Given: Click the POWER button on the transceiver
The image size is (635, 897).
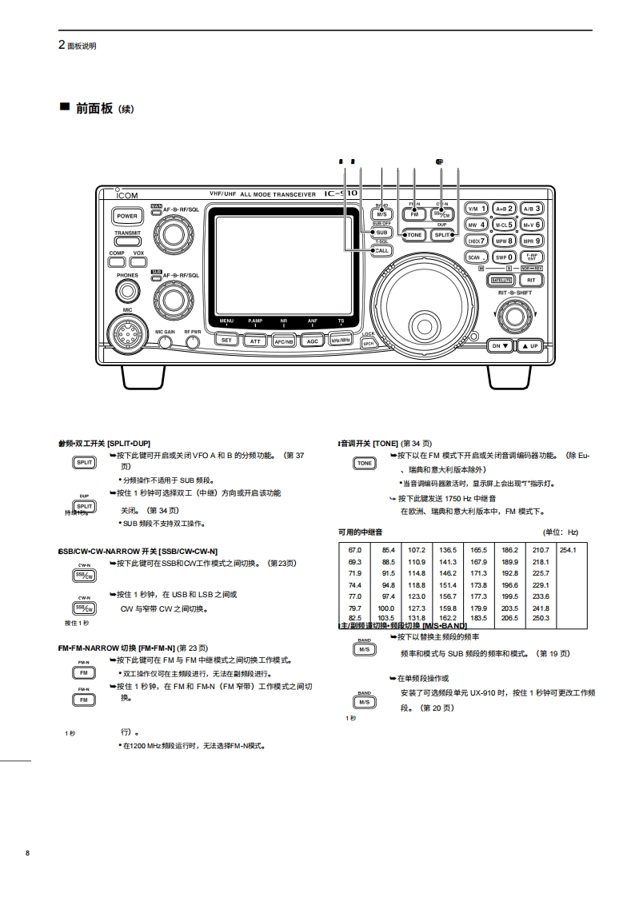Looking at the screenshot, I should pos(127,216).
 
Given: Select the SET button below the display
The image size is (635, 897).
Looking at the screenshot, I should pos(227,340).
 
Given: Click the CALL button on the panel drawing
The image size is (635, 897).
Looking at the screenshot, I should pos(381,250).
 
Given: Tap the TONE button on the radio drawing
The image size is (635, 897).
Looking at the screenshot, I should pos(413,235).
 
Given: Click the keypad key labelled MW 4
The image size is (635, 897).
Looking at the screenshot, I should pos(477,225).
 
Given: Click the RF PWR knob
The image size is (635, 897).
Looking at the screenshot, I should pos(193,343).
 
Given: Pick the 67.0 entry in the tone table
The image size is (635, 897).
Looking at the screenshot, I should pos(355,550).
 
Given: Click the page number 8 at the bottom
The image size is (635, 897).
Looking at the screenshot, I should pos(27,854).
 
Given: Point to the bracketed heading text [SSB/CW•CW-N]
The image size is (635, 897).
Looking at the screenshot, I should pos(188,552).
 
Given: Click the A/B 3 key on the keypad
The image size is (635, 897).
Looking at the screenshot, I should pos(532,209).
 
